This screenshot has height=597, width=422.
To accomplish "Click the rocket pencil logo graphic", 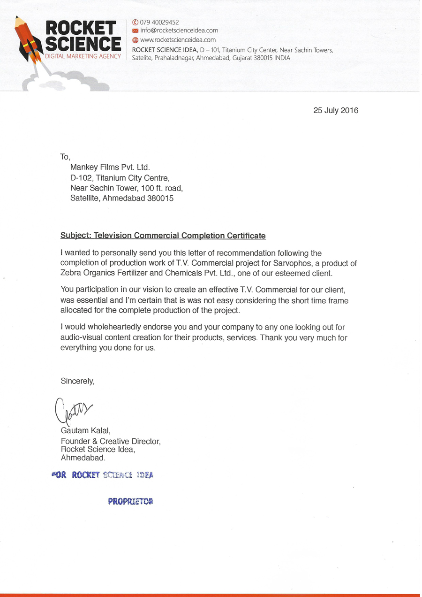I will pos(29,39).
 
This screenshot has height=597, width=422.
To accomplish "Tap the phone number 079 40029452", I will pos(159,22).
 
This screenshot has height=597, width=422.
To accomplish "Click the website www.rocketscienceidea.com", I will pos(178,40).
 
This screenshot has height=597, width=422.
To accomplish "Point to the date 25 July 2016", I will pos(336,111).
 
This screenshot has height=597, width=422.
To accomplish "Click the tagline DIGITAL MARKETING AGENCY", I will pos(83,56).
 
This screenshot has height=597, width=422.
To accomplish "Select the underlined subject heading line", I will pos(163,236).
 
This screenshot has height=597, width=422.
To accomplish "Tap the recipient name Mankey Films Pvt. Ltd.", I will pos(110,167).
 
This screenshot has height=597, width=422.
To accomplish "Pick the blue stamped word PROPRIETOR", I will pos(130,501).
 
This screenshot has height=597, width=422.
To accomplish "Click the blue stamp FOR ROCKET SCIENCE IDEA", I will pos(102,475).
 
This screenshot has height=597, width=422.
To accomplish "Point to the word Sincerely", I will pos(77,381).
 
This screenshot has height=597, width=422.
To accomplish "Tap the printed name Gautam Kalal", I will pos(85,430).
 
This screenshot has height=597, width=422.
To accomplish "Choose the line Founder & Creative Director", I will pos(111,441).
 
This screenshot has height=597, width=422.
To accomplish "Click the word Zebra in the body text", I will pos(72,273).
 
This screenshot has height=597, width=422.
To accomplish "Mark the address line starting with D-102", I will pos(120,178).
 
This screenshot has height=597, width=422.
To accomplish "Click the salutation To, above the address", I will pos(65,157).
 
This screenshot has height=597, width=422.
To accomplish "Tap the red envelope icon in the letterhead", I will pos(135,31).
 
